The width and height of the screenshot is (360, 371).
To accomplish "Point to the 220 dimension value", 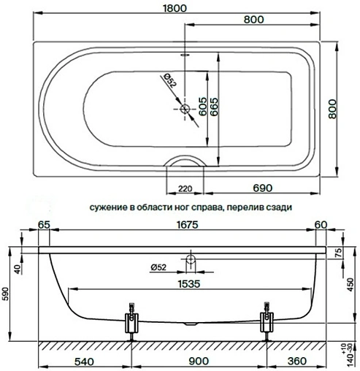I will pyautogui.click(x=185, y=189).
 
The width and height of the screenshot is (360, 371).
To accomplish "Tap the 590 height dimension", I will pyautogui.click(x=7, y=293).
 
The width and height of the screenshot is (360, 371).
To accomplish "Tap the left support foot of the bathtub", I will pyautogui.click(x=131, y=321).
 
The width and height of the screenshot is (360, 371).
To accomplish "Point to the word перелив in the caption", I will pyautogui.click(x=245, y=207).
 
